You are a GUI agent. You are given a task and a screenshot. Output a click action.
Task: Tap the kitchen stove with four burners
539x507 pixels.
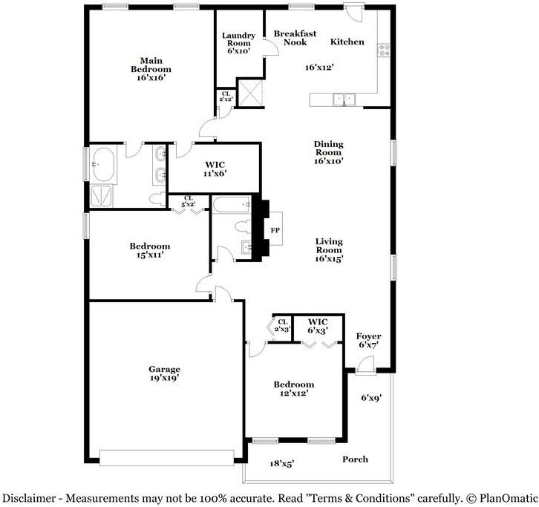point(384,50)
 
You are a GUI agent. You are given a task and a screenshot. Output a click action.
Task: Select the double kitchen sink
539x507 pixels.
point(344,99)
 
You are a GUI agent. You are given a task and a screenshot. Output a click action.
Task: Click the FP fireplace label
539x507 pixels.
point(275,230)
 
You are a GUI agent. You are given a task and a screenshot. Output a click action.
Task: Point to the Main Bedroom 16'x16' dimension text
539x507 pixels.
point(151,78)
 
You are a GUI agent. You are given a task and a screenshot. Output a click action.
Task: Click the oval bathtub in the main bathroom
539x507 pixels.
point(102,164)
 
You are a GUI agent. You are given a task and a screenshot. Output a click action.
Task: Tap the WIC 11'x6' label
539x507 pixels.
point(215,169)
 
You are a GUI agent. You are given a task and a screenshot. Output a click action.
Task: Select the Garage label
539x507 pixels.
point(164,369)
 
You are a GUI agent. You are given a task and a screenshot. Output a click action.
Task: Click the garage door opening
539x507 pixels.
point(167,457)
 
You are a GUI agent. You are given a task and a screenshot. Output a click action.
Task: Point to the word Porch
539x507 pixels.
point(355,459)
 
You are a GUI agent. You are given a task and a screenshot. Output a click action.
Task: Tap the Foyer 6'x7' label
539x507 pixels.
point(368,340)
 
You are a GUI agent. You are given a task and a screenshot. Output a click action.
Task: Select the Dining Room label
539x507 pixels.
point(329,148)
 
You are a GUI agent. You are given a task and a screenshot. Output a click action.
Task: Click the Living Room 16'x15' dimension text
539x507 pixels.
point(329,259)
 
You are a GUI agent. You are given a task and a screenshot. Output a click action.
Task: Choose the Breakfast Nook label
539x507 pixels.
point(295,38)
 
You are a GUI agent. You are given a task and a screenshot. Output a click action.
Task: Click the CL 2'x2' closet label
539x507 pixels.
point(226,97)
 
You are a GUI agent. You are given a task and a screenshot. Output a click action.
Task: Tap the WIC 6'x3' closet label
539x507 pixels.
point(318,326)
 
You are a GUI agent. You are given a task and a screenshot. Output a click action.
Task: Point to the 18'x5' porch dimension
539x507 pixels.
point(282,464)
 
